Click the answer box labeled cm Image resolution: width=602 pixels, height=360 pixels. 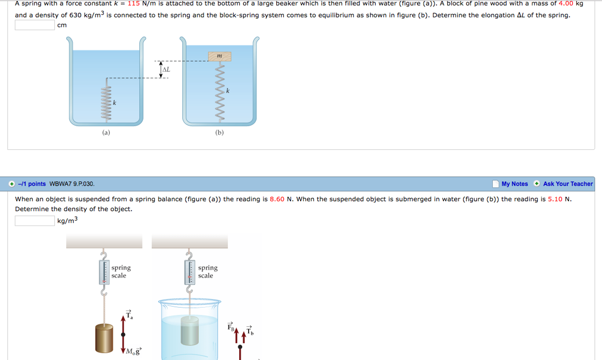tap(35, 25)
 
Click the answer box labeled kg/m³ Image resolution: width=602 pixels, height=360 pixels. tap(35, 221)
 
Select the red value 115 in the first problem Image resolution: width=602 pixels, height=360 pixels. tap(134, 4)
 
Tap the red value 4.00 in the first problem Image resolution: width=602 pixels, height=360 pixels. tap(566, 4)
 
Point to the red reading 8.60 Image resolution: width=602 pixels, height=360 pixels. tap(277, 199)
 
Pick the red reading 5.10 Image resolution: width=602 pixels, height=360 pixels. tap(555, 199)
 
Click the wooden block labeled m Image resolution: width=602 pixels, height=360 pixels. tap(219, 56)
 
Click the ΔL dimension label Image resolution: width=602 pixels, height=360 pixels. tap(166, 69)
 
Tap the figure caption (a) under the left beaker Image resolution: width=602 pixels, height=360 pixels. tap(106, 132)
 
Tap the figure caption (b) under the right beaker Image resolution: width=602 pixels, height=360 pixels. tap(219, 132)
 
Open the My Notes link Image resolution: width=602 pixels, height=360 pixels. tap(515, 184)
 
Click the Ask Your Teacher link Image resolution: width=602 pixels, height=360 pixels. tap(568, 184)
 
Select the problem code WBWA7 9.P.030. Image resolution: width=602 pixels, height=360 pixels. tap(72, 184)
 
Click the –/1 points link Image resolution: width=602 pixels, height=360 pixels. tap(32, 184)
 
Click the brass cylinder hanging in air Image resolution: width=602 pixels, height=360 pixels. tap(104, 338)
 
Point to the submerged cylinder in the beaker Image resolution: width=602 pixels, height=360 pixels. tap(189, 331)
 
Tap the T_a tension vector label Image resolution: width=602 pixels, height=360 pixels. tap(129, 315)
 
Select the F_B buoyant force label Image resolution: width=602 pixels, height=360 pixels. tap(231, 327)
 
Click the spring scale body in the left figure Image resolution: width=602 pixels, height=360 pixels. tap(104, 272)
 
